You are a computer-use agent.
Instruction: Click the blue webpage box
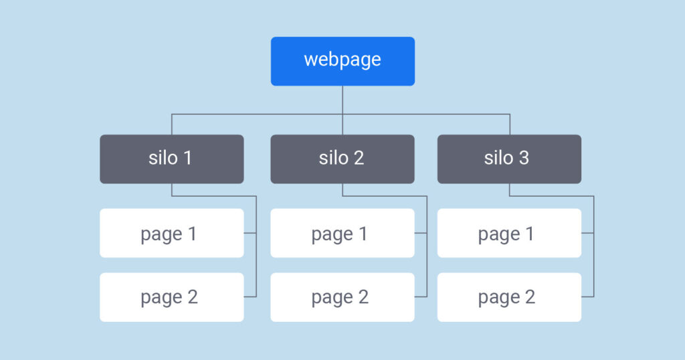point(342,61)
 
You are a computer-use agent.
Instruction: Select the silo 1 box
point(171,159)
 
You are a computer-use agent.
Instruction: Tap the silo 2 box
point(342,159)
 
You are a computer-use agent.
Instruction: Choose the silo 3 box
point(509,159)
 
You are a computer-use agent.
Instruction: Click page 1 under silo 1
point(171,233)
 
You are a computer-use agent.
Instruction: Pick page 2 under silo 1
point(171,297)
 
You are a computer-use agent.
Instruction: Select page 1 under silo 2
point(342,233)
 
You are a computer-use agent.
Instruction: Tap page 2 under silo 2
point(342,297)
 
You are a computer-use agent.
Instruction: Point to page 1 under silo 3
point(509,233)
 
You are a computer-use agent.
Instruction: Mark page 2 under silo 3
point(509,297)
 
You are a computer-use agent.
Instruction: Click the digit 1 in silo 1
point(187,158)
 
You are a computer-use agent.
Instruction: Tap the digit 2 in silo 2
point(359,158)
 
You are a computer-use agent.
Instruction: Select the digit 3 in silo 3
point(524,158)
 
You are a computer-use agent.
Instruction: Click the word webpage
point(342,60)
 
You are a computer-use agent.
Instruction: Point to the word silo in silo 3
point(498,158)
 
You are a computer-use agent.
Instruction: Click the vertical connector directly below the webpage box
point(342,100)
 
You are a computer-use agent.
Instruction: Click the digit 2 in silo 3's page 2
point(529,297)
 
